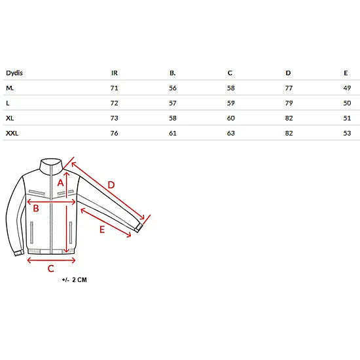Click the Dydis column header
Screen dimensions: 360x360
[x=14, y=73]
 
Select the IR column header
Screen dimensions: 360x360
[x=115, y=73]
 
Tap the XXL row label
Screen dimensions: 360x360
[x=12, y=133]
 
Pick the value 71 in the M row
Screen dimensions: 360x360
[x=114, y=88]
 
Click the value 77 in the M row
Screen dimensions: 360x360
[x=289, y=88]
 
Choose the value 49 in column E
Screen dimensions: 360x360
[x=347, y=88]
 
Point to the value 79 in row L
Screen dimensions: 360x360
[x=289, y=103]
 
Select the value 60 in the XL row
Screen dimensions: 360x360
[x=231, y=118]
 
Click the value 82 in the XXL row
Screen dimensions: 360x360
[x=289, y=133]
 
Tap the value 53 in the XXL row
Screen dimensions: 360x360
[x=347, y=133]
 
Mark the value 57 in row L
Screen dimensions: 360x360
[x=173, y=103]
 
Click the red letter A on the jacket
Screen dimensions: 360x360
[x=60, y=183]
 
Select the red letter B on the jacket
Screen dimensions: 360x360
[x=36, y=208]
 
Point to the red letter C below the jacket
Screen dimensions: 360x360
[x=51, y=268]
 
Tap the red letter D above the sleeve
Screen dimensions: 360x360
[x=111, y=185]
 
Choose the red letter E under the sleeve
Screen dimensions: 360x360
[x=102, y=230]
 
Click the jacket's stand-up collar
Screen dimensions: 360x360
[x=51, y=164]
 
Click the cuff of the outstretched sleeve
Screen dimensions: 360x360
[x=139, y=228]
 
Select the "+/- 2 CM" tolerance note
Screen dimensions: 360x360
[x=75, y=280]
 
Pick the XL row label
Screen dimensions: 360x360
[x=10, y=118]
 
